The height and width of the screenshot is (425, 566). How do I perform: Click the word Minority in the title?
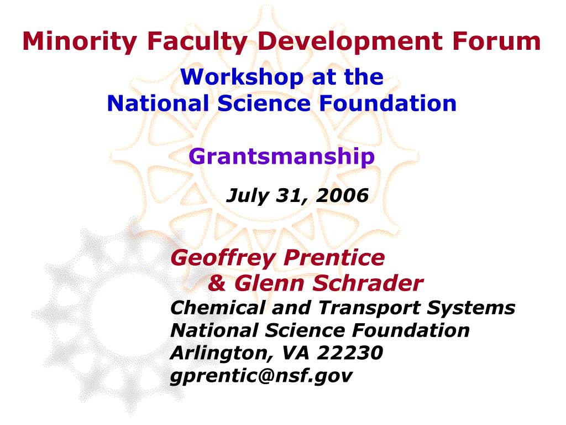tap(80, 41)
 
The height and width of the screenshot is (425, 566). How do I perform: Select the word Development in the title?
tap(350, 40)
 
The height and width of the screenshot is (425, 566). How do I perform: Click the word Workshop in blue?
tap(242, 77)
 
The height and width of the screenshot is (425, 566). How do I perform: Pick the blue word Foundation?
tap(388, 103)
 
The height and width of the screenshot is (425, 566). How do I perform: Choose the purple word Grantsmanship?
tap(281, 157)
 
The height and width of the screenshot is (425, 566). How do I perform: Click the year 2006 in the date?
tap(342, 195)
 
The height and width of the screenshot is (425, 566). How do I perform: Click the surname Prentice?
tap(334, 258)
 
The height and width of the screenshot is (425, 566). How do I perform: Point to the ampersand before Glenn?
tap(217, 283)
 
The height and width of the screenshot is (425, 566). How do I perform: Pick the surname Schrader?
tap(368, 283)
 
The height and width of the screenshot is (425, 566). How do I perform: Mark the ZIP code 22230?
tap(350, 353)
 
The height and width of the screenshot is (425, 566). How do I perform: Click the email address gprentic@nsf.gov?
tap(261, 376)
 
